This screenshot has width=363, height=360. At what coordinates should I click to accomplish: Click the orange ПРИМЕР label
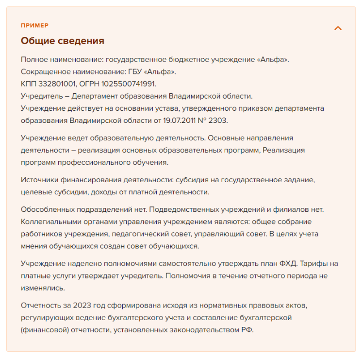click(x=34, y=25)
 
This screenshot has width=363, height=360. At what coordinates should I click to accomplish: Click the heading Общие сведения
click(x=62, y=41)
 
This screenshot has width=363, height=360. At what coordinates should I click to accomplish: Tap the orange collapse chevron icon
click(x=338, y=28)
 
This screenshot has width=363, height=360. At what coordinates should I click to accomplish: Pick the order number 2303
click(x=219, y=120)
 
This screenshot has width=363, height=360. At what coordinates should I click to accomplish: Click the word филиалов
click(x=289, y=210)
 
